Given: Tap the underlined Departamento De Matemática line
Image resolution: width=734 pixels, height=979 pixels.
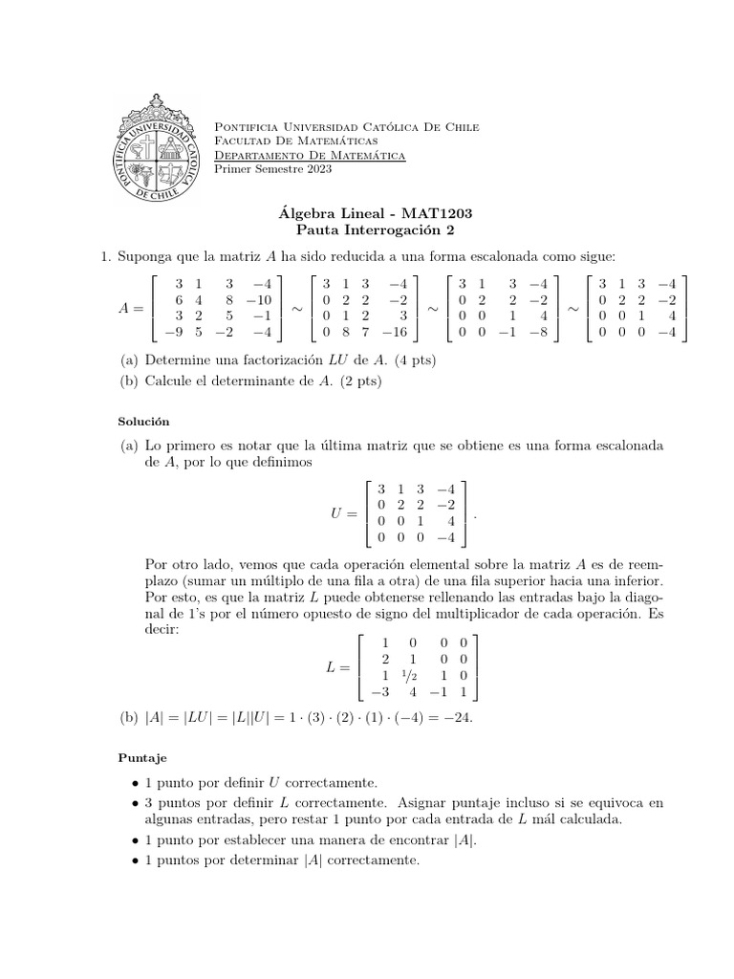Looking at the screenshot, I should tap(310, 155).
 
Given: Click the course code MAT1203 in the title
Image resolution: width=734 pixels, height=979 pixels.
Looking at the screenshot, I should tap(437, 214).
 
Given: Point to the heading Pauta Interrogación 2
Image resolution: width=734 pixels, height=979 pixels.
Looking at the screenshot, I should tap(366, 230).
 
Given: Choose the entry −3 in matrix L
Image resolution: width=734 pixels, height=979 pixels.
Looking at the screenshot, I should tap(379, 692).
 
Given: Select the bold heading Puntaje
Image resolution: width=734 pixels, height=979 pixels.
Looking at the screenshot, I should tap(141, 757).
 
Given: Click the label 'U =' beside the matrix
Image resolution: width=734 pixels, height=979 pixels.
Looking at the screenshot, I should tap(343, 513).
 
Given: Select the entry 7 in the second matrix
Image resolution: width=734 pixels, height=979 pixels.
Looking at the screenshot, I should tap(366, 333).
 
